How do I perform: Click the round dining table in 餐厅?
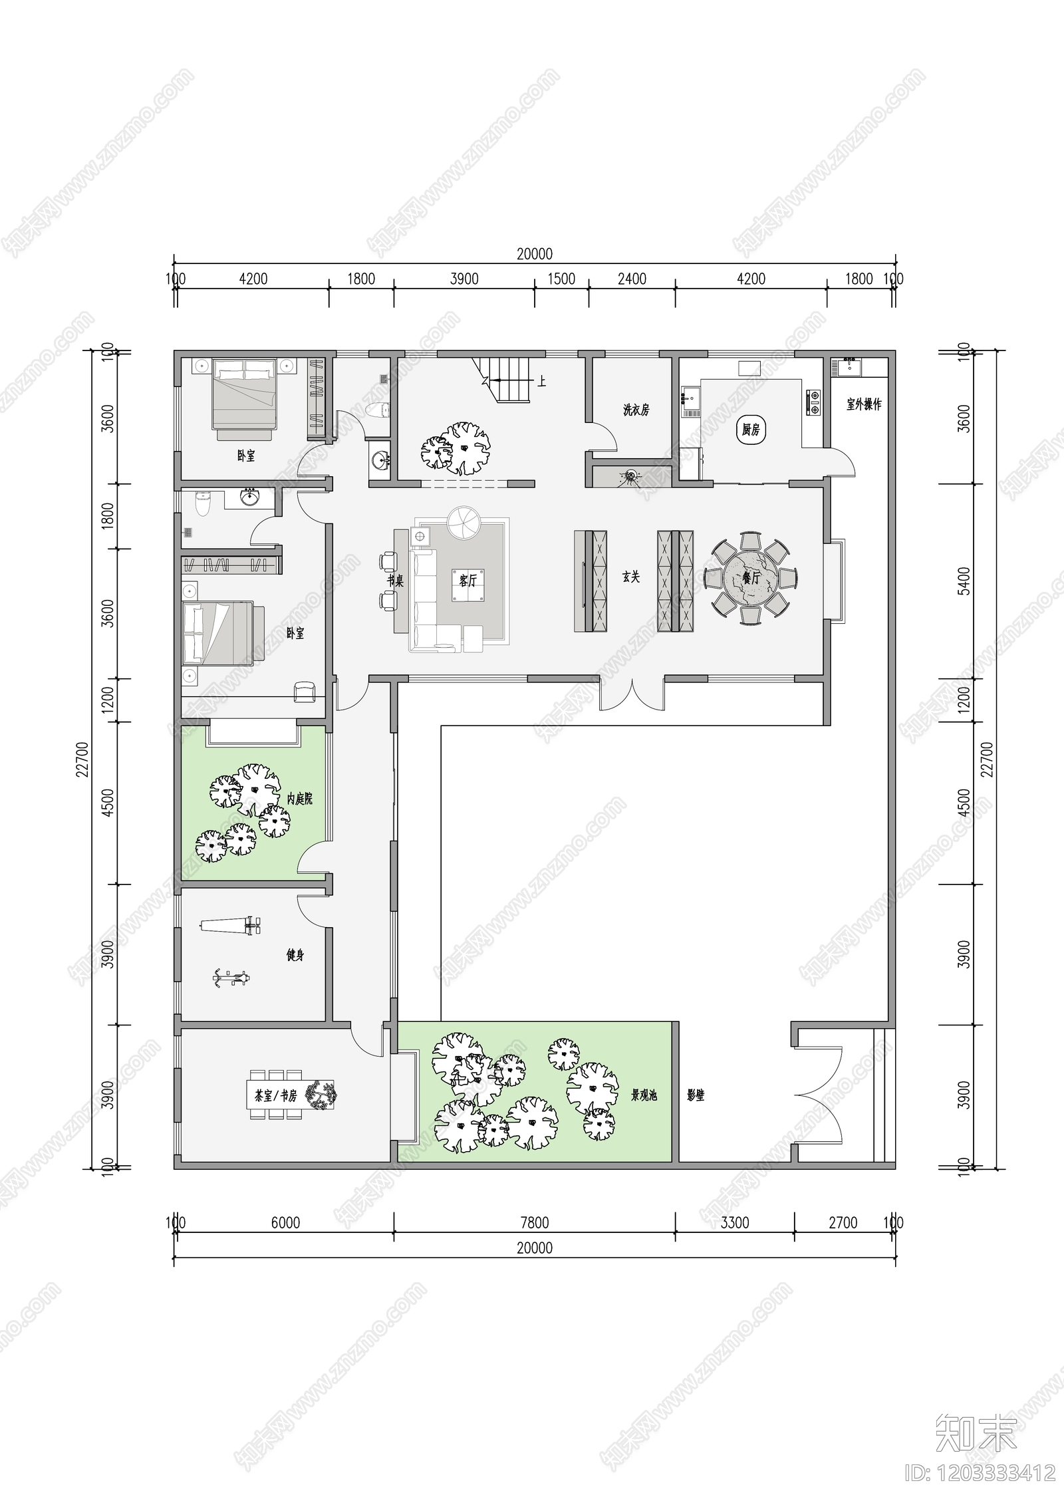[750, 577]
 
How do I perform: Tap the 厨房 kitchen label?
[750, 430]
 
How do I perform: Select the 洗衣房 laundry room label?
[636, 410]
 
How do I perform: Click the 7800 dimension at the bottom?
[534, 1222]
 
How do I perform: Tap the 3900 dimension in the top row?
[464, 279]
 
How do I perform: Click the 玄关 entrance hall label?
[630, 577]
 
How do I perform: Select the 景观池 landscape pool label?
[644, 1095]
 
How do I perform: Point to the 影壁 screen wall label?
[696, 1095]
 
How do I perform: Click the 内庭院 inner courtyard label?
[299, 799]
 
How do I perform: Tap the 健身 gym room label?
[295, 955]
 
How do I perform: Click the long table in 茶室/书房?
[293, 1095]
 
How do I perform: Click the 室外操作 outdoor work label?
[863, 404]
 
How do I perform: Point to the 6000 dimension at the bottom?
[285, 1222]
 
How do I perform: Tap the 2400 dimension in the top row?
[631, 279]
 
